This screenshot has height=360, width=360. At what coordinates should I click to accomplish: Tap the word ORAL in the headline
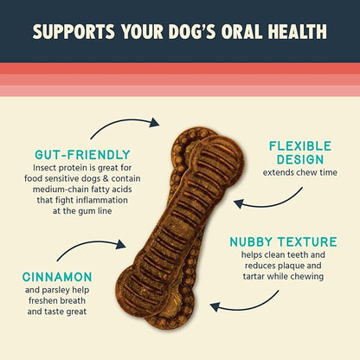click(240, 32)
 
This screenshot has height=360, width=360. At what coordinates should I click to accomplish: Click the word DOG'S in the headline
click(189, 32)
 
